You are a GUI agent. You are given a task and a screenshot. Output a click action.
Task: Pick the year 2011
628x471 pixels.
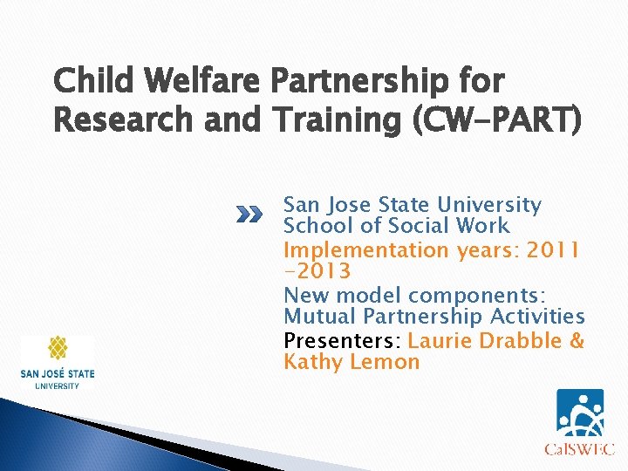click(x=551, y=250)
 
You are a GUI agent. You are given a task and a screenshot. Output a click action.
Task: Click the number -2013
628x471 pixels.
click(x=317, y=271)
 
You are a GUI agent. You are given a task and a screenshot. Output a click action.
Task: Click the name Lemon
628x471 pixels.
click(x=385, y=362)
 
